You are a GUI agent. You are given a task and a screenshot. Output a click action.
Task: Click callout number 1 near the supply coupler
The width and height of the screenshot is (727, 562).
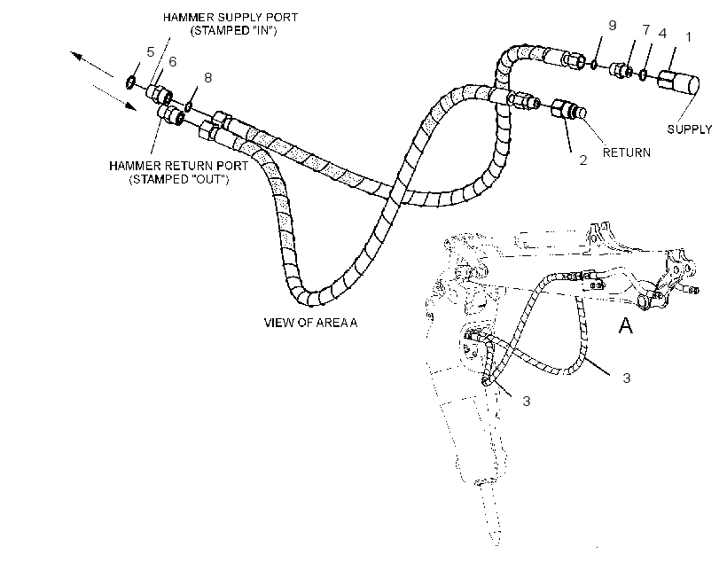(x=689, y=37)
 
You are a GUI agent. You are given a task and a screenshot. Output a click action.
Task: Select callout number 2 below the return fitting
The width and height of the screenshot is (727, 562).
(x=583, y=160)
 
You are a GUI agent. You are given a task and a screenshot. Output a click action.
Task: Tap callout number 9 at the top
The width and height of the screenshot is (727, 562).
(x=612, y=26)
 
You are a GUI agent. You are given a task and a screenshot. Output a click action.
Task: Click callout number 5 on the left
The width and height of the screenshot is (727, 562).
(x=150, y=52)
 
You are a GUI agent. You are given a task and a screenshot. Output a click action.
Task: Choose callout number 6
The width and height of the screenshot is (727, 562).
(x=173, y=62)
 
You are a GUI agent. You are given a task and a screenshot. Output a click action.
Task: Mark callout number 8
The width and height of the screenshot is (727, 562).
(x=208, y=77)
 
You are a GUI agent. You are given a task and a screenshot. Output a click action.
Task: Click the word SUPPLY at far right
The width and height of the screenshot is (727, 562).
(x=690, y=129)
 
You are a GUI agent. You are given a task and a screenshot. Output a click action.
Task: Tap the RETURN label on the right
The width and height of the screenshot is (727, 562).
(x=627, y=152)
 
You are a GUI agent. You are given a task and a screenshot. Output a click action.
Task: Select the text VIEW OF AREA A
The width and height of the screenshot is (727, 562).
(x=310, y=323)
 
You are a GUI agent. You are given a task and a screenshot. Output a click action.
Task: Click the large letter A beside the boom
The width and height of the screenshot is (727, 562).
(x=626, y=325)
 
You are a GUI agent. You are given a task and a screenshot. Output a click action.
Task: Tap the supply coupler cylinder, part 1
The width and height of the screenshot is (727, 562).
(x=679, y=82)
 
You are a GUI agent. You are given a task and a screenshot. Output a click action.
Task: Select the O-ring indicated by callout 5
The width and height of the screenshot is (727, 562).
(x=130, y=82)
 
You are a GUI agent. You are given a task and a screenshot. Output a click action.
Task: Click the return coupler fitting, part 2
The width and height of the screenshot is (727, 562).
(x=568, y=110)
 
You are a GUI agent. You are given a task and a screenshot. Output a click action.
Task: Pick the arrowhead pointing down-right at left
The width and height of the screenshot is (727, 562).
(x=131, y=106)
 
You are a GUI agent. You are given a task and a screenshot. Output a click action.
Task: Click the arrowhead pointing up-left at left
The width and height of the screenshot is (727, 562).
(x=76, y=56)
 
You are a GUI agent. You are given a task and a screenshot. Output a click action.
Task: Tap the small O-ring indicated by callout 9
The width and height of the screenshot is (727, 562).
(x=594, y=64)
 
